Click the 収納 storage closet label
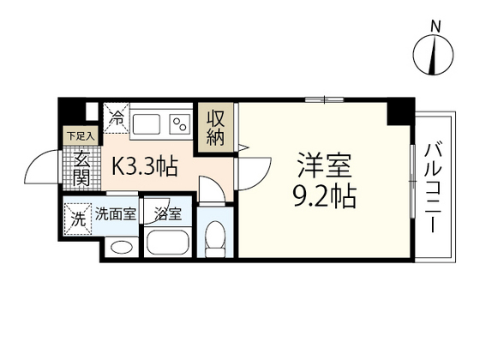tap(214, 126)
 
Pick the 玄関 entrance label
tap(81, 167)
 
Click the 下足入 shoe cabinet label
tap(81, 135)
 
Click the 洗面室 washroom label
tap(115, 215)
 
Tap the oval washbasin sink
tap(123, 248)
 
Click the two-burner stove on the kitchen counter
tap(181, 125)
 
